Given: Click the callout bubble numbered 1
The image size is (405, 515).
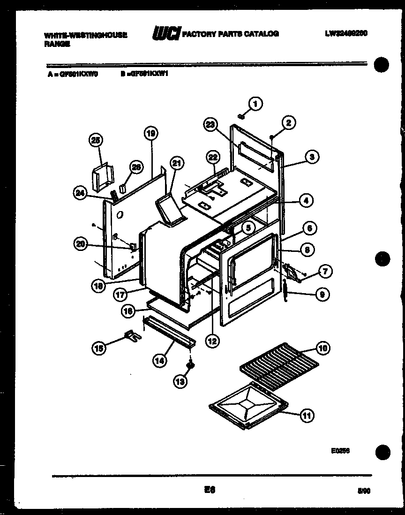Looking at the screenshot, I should pos(255,104).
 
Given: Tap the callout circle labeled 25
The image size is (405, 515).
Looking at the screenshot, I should pos(96,140).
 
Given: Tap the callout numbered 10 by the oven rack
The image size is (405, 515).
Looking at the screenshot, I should pos(322,348).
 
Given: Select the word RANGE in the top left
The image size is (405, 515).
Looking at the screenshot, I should pos(57,44).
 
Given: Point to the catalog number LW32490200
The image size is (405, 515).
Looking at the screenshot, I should pos(345,34).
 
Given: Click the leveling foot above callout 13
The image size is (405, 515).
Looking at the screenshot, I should pos(190,364).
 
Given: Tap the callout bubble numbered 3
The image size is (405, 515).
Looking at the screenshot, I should pos(311,157).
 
